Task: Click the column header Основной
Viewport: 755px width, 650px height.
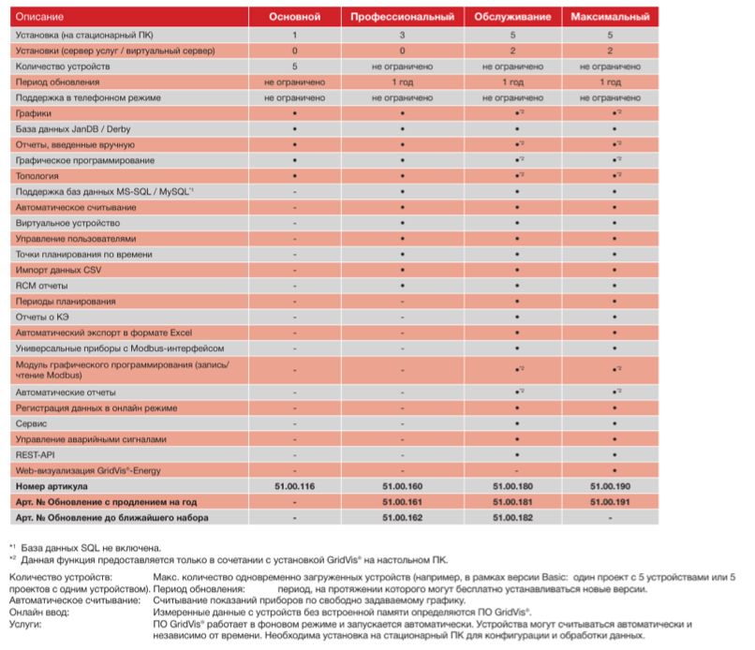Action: pyautogui.click(x=295, y=18)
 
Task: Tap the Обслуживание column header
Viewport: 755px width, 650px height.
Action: pyautogui.click(x=512, y=18)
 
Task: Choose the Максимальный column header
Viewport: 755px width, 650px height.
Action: pyautogui.click(x=611, y=18)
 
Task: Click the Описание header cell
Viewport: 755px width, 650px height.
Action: pyautogui.click(x=39, y=18)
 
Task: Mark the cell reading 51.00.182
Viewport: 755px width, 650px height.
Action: pyautogui.click(x=512, y=517)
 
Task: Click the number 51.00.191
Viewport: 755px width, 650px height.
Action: pyautogui.click(x=611, y=502)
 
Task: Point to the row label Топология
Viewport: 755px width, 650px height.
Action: pyautogui.click(x=38, y=175)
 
